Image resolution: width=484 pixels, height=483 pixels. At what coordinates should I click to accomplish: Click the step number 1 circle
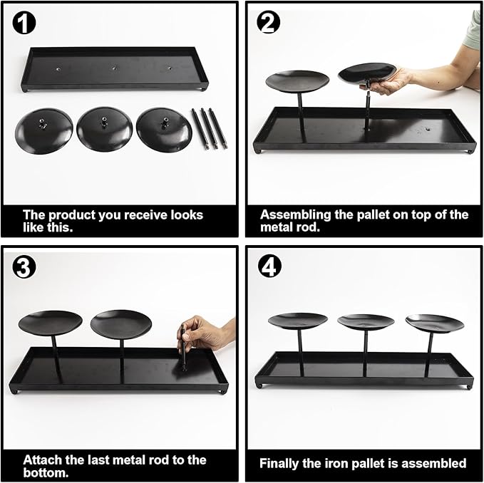(x=24, y=23)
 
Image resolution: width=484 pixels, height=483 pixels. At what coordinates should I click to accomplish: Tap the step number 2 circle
(x=268, y=23)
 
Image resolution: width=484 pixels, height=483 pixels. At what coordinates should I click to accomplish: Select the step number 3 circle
(x=24, y=267)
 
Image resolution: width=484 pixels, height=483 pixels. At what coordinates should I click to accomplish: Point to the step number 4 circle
(x=269, y=266)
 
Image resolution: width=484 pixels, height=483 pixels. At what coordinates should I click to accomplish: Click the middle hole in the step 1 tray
(x=114, y=68)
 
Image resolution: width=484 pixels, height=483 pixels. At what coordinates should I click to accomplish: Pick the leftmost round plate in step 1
(x=43, y=131)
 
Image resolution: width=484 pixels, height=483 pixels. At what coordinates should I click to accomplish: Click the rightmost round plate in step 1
(x=164, y=130)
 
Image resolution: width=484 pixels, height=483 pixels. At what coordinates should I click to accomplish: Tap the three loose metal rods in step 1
(x=210, y=128)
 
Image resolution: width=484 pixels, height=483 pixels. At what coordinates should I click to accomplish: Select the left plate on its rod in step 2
(x=297, y=81)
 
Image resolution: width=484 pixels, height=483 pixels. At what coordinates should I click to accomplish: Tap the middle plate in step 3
(x=121, y=324)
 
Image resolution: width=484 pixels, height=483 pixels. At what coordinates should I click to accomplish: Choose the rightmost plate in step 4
(x=435, y=323)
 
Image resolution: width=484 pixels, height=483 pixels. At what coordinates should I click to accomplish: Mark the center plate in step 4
(x=366, y=322)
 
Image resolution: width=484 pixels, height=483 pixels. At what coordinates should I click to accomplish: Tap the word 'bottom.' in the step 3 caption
(x=46, y=472)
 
